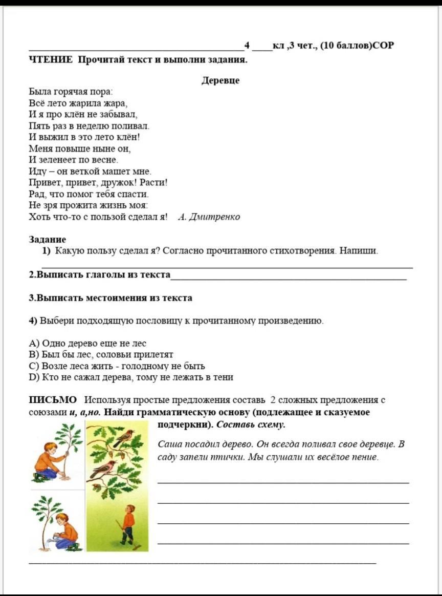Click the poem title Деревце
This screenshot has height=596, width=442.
(x=220, y=80)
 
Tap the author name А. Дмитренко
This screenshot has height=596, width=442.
(x=209, y=217)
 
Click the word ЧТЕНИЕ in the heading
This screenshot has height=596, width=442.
(x=51, y=59)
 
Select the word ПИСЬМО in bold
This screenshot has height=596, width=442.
(x=53, y=400)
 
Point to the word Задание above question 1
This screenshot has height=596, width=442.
(x=48, y=239)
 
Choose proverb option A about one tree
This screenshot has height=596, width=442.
(x=87, y=343)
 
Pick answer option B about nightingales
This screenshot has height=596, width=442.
(x=101, y=354)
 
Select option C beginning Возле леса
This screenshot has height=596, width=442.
(x=117, y=366)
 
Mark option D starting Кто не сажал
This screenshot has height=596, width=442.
(x=131, y=377)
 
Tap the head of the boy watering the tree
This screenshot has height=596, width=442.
(x=62, y=519)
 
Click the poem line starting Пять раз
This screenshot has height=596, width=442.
(x=89, y=125)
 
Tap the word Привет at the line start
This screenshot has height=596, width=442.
(x=43, y=182)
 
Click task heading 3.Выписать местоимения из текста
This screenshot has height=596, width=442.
(x=110, y=297)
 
